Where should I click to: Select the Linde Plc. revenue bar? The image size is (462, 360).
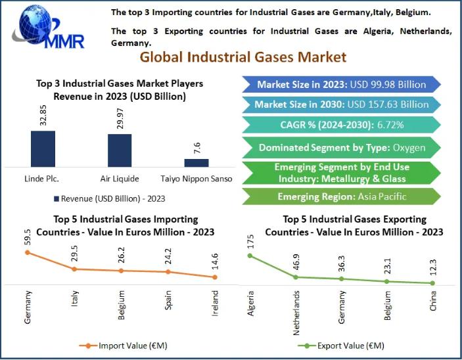coord(43,148)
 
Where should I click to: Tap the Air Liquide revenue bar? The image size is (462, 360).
coord(120,150)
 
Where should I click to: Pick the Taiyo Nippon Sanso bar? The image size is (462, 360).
coord(196,162)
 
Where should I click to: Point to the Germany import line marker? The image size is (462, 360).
coord(28,252)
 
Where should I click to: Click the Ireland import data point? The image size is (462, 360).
coord(216,277)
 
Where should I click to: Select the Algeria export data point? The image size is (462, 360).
coord(250,256)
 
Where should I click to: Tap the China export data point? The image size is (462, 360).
coord(432,283)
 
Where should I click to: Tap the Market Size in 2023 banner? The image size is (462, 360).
coord(341,84)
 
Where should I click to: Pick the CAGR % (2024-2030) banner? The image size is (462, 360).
coord(341,124)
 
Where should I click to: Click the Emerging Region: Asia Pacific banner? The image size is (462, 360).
coord(341,196)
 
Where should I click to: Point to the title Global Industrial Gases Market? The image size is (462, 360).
coord(243,57)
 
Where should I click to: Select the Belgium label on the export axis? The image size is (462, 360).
coord(387,305)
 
